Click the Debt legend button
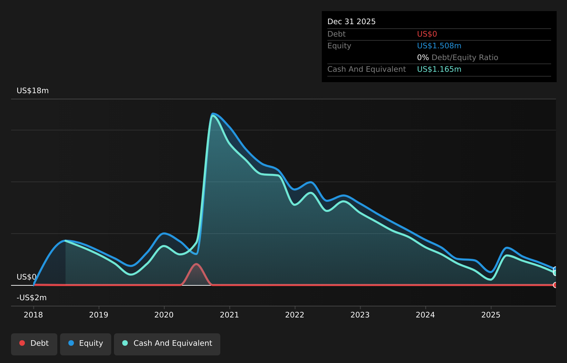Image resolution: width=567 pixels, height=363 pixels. click(x=34, y=344)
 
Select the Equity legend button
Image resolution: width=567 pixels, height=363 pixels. click(x=86, y=344)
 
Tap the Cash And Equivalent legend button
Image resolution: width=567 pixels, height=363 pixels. click(x=167, y=344)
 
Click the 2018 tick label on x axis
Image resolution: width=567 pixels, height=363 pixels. click(x=33, y=315)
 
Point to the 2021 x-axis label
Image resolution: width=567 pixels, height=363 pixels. click(x=229, y=315)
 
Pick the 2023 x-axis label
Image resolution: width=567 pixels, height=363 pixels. click(x=360, y=315)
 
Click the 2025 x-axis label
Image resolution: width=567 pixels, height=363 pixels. click(x=491, y=315)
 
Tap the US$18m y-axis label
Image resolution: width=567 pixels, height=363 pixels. click(x=33, y=91)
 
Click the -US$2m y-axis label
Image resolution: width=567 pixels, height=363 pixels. click(x=32, y=298)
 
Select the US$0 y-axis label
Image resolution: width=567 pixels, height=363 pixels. click(x=26, y=277)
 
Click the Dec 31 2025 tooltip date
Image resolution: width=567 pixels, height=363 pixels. click(x=352, y=22)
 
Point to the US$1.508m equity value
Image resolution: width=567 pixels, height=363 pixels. click(x=439, y=46)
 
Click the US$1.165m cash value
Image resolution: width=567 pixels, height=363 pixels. click(x=439, y=69)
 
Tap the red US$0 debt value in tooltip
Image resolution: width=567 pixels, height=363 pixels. click(x=427, y=34)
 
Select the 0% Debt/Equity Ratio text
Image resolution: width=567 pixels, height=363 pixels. click(x=458, y=58)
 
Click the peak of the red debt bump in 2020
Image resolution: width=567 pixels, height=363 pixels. click(x=196, y=264)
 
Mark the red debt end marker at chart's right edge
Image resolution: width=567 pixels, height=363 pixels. click(x=555, y=285)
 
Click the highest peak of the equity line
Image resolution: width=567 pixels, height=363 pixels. click(x=213, y=114)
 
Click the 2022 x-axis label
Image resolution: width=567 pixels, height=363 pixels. click(x=295, y=315)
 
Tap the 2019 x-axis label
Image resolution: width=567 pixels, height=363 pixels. click(x=99, y=315)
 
